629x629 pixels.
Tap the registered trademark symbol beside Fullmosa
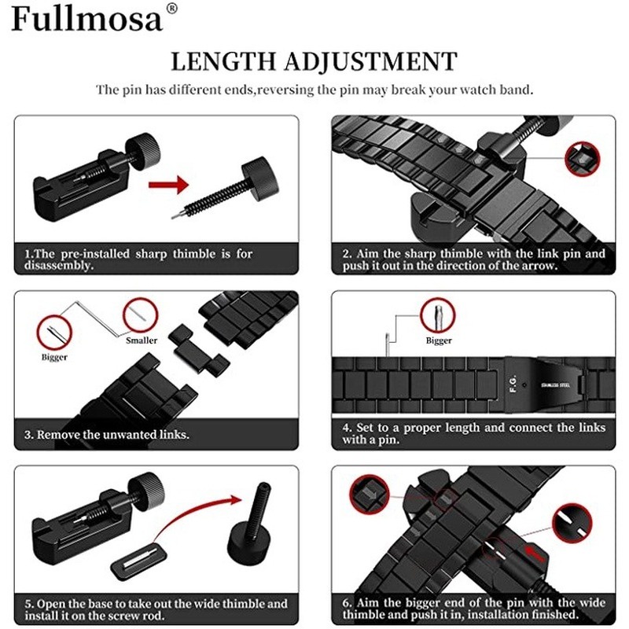tap(172, 9)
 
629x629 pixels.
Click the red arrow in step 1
tap(170, 186)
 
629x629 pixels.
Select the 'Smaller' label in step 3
tap(142, 340)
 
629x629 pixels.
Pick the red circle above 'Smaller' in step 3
tap(138, 314)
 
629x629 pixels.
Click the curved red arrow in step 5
tap(197, 519)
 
